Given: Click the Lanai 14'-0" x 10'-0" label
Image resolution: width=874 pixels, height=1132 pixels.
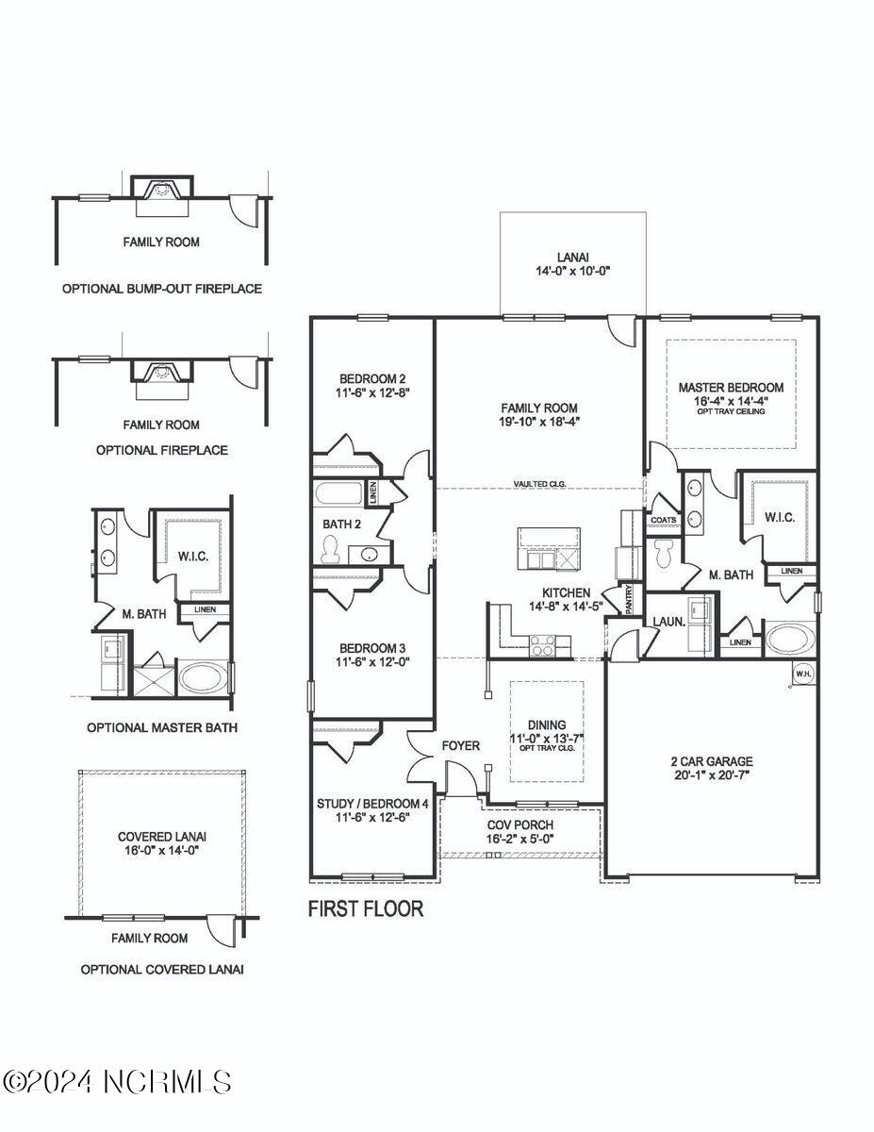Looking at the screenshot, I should coord(572,262).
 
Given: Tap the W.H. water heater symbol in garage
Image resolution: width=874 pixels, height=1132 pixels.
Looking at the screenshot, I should coord(802,674).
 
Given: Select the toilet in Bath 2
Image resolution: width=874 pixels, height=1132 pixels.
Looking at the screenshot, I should coord(330,548).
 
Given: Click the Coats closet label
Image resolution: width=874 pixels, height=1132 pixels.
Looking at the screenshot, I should coord(661,520).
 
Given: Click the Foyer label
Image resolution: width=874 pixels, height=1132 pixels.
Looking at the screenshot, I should coord(461,745).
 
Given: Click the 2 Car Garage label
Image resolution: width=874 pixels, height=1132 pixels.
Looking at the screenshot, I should coord(712,767).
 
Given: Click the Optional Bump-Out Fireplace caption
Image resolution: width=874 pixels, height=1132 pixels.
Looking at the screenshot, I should coord(162,289).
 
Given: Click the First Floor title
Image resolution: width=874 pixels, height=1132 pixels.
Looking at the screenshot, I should coord(366,908).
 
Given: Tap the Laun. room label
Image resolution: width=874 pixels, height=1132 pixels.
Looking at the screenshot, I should coord(668,621).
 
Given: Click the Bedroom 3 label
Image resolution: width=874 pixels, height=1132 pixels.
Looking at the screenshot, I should coord(372,655).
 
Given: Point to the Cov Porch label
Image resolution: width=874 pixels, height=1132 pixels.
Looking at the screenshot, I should coord(519,831).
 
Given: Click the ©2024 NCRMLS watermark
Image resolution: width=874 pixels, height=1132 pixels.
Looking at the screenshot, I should coord(117,1081).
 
